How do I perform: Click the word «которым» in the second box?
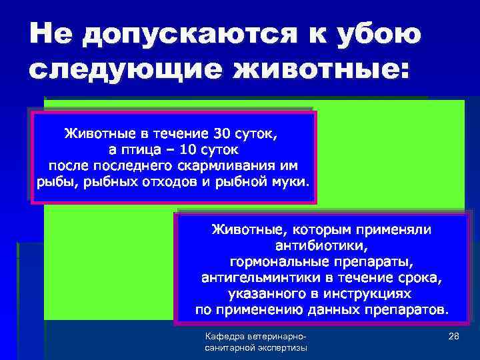319,229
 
